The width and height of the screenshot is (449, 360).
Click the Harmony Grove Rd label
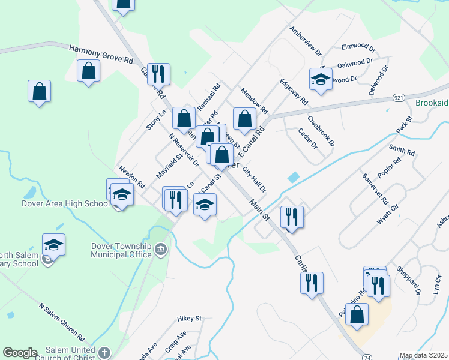[101, 55]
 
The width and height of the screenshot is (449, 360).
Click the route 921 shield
[399, 97]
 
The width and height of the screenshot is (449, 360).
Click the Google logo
[20, 353]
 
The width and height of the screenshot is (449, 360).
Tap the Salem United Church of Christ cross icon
[104, 353]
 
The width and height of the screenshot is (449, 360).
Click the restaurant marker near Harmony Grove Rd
[159, 74]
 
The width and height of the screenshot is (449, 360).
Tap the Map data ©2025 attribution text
[423, 355]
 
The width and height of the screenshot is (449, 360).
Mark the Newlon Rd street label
[132, 176]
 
